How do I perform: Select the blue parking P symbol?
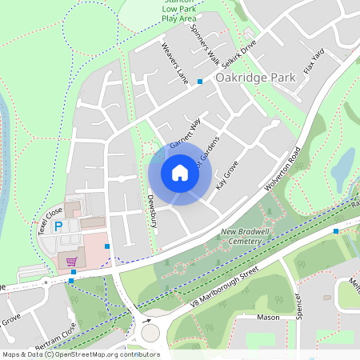pyautogui.click(x=58, y=227)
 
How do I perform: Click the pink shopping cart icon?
pyautogui.click(x=71, y=261)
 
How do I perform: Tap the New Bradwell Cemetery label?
pyautogui.click(x=242, y=236)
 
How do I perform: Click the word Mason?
pyautogui.click(x=268, y=318)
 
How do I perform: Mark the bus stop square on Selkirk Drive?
pyautogui.click(x=200, y=82)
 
